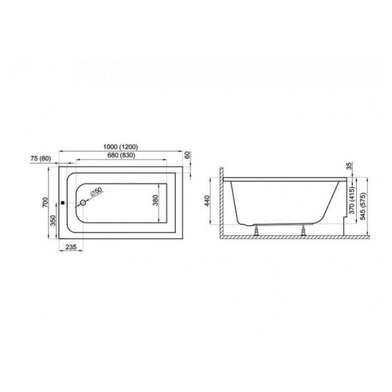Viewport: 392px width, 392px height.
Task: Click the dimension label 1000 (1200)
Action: tap(120, 147)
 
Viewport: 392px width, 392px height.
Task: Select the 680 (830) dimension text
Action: tap(122, 155)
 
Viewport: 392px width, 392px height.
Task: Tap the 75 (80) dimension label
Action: tap(40, 158)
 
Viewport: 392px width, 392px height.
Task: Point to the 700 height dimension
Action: tap(45, 202)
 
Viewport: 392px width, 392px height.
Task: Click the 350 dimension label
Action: tap(53, 221)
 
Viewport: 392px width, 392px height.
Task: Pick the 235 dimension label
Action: tap(71, 247)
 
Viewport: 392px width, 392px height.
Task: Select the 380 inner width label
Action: tap(156, 200)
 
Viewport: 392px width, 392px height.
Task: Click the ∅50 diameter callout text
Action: tap(96, 192)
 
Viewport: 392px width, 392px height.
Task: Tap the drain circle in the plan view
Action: tap(83, 203)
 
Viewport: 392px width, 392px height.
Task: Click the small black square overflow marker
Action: tap(63, 203)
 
